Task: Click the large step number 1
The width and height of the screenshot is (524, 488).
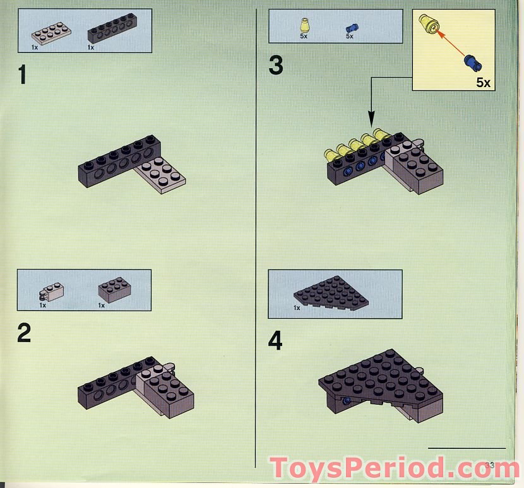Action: [23, 76]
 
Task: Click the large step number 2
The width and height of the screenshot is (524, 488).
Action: [24, 333]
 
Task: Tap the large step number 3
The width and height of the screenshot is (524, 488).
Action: [275, 66]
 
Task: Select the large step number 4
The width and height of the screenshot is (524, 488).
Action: [275, 341]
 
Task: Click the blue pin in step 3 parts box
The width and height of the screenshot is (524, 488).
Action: [351, 28]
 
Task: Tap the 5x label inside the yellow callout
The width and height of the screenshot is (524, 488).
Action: [483, 83]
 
